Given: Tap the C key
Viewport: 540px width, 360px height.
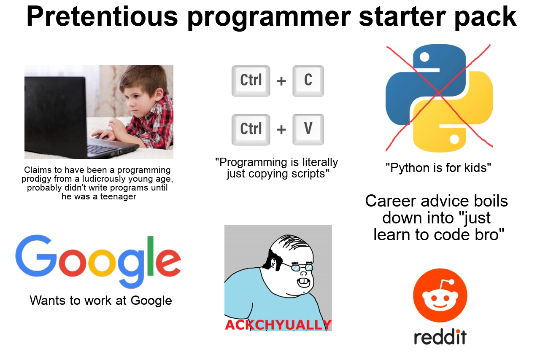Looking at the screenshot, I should pyautogui.click(x=308, y=80).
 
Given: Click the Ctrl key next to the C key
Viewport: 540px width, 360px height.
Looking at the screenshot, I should pyautogui.click(x=251, y=80).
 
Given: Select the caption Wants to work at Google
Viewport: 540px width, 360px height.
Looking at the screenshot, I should pyautogui.click(x=101, y=301).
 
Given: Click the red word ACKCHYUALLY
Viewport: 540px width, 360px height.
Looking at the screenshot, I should pyautogui.click(x=278, y=325).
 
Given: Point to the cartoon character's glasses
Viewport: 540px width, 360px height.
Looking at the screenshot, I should pyautogui.click(x=302, y=267).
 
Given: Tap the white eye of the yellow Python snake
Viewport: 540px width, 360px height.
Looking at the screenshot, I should pyautogui.click(x=454, y=138).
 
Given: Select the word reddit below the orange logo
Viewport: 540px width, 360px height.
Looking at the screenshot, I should pyautogui.click(x=440, y=337).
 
